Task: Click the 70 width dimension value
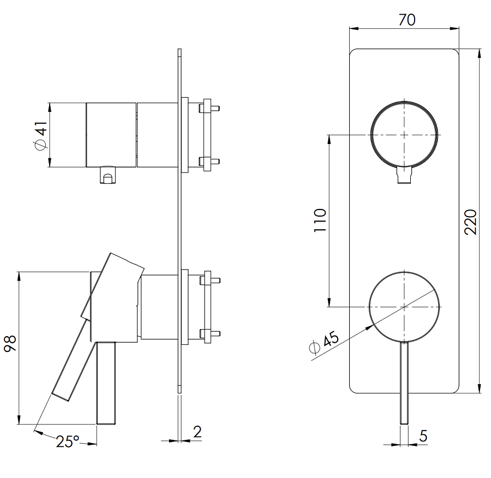click(406, 20)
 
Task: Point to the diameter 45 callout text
click(324, 343)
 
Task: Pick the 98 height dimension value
click(11, 344)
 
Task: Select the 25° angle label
click(67, 441)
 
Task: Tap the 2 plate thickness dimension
click(197, 432)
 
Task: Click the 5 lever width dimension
click(424, 436)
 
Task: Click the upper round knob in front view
click(404, 134)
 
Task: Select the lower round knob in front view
click(404, 307)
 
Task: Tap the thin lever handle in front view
click(404, 382)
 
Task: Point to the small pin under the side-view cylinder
click(108, 176)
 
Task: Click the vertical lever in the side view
click(106, 382)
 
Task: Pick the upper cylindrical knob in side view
click(111, 135)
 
